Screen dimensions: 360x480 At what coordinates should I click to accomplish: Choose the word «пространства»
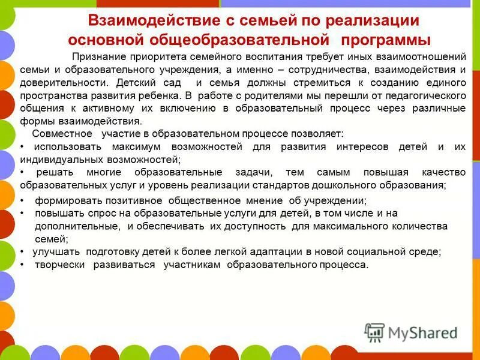[53, 95]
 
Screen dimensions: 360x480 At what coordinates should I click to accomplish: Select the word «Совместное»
[62, 134]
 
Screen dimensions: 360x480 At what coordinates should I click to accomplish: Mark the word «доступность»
[259, 226]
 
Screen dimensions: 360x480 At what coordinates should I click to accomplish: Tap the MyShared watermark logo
[411, 331]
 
